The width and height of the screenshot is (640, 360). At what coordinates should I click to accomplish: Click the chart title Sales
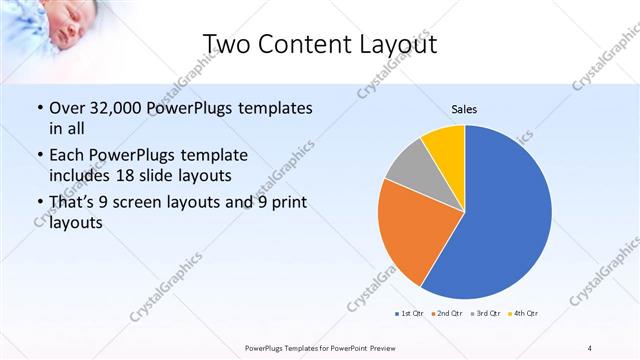(x=465, y=109)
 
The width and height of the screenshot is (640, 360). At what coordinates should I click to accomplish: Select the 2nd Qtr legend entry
(x=447, y=314)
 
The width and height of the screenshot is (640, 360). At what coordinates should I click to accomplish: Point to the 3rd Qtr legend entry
(x=486, y=314)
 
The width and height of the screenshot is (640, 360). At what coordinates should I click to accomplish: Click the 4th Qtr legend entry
(x=524, y=314)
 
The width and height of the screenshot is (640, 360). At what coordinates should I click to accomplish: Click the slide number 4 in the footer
(x=590, y=347)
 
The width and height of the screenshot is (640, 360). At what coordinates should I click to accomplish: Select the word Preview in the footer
(x=386, y=347)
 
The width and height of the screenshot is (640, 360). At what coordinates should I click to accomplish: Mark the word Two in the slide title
(x=227, y=43)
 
